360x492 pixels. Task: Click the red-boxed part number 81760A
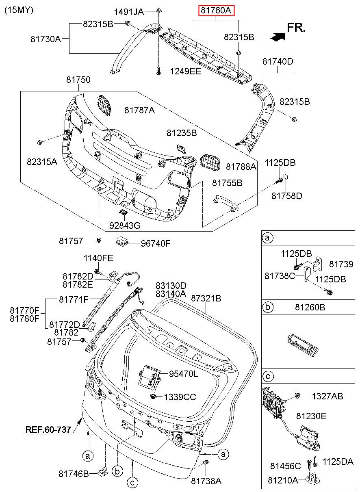tap(216, 10)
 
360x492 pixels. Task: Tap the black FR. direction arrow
tap(278, 37)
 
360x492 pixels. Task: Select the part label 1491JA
tap(129, 12)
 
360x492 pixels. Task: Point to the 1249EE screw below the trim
tap(158, 72)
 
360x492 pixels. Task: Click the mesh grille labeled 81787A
tap(104, 106)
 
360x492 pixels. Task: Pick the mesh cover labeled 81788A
tap(210, 163)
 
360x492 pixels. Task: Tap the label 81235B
tap(182, 133)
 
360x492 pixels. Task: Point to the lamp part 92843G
tap(124, 212)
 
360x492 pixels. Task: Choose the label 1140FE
tap(98, 258)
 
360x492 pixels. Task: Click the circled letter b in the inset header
tap(267, 307)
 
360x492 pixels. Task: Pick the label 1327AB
tap(327, 396)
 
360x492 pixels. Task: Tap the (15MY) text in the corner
tap(19, 10)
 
